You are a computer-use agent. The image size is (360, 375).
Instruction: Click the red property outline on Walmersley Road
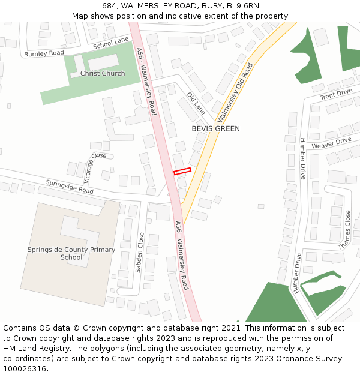(x=182, y=172)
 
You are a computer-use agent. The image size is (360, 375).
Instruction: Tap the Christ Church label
(x=103, y=74)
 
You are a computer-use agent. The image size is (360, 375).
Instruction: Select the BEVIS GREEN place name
(x=215, y=128)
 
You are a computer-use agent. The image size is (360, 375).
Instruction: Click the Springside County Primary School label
(x=71, y=253)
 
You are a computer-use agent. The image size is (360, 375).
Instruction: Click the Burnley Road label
(x=44, y=53)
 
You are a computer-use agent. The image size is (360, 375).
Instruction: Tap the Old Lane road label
(x=196, y=103)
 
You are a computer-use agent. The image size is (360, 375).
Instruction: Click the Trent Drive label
(x=336, y=95)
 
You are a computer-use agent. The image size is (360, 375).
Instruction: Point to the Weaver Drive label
(x=331, y=143)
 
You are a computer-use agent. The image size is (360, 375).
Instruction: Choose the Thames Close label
(x=344, y=229)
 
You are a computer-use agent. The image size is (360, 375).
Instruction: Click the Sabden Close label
(x=140, y=253)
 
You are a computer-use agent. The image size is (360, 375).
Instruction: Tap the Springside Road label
(x=70, y=187)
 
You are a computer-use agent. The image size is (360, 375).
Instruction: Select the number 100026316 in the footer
(x=25, y=369)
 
